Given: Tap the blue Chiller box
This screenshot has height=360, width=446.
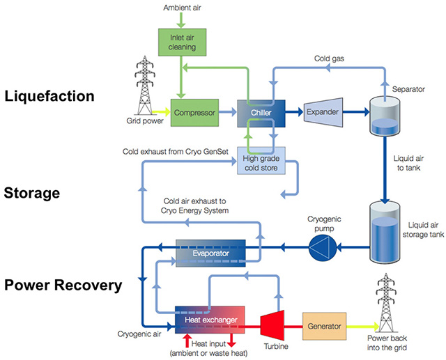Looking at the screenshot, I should pyautogui.click(x=261, y=110).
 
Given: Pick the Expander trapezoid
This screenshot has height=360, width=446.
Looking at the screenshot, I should pyautogui.click(x=324, y=110).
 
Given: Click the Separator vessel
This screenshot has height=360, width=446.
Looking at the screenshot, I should pyautogui.click(x=383, y=114).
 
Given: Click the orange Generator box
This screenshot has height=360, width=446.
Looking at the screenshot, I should pyautogui.click(x=325, y=325).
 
